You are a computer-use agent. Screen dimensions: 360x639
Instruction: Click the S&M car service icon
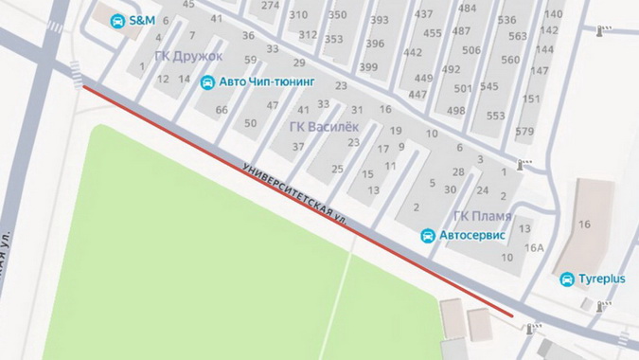[x=117, y=21]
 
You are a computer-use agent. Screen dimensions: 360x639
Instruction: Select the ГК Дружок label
[x=188, y=56]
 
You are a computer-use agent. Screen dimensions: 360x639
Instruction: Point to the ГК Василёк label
[x=323, y=126]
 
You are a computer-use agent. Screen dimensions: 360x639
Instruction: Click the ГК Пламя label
[x=482, y=216]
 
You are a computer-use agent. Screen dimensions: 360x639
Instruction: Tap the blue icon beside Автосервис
[x=428, y=234]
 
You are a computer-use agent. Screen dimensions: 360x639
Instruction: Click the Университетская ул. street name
[x=295, y=193]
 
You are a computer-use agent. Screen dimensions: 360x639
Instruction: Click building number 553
[x=496, y=116]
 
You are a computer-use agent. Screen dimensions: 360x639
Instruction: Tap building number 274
[x=271, y=5]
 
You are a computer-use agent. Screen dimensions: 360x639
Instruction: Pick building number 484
[x=467, y=8]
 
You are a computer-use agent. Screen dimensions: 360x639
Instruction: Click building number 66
[x=222, y=110]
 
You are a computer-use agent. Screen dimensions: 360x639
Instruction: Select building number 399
[x=368, y=67]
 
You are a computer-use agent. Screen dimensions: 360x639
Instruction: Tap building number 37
[x=298, y=146]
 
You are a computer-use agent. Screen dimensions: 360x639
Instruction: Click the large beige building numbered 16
[x=584, y=225]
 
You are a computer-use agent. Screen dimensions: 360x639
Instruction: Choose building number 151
[x=531, y=99]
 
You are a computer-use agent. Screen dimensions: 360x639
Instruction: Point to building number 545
[x=488, y=87]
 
